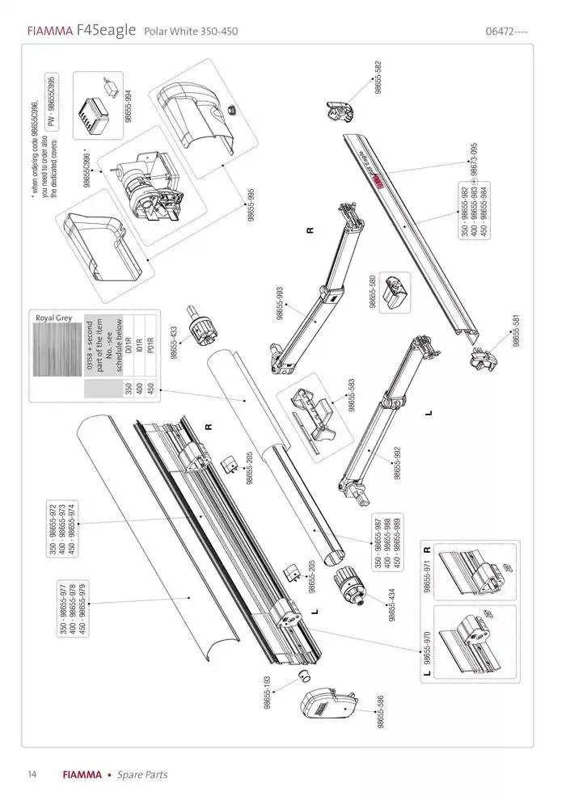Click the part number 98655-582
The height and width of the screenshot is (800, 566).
pos(378,78)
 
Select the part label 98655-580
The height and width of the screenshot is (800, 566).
pos(373,292)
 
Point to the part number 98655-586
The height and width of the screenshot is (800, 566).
pos(379,712)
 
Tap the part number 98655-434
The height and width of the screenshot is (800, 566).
pos(391,604)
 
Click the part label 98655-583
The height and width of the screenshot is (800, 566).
pos(351,395)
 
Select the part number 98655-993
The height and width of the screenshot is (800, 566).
pos(280,304)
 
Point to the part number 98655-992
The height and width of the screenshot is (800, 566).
pos(397,463)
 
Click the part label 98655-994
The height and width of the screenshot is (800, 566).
pos(128,105)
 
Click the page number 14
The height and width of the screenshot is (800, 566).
pos(32,774)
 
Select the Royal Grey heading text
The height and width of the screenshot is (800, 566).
pos(53,318)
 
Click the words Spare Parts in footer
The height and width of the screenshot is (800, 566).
pos(142,775)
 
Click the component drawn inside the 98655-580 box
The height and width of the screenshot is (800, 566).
pos(396,290)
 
